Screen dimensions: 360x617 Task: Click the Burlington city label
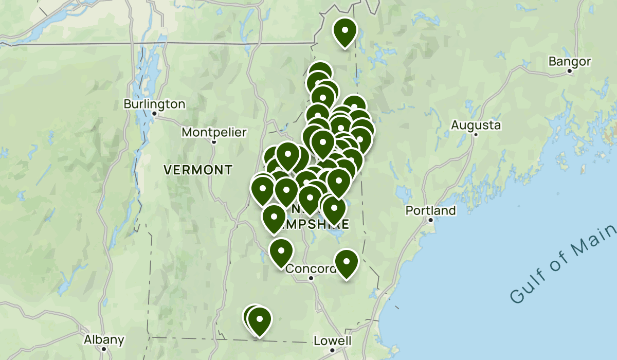click(154, 104)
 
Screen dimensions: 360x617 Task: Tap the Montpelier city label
click(214, 132)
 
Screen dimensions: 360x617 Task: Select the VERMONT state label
click(198, 169)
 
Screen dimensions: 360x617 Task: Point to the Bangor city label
click(570, 62)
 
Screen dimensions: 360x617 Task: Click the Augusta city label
click(476, 125)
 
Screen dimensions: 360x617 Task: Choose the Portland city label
click(430, 210)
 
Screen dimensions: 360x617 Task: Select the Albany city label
click(104, 339)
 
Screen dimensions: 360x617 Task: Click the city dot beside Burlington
click(154, 113)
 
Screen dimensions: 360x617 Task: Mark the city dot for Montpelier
click(214, 141)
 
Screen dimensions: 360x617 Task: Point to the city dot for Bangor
click(570, 71)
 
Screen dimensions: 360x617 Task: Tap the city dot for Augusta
click(476, 134)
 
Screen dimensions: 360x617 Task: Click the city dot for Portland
click(431, 220)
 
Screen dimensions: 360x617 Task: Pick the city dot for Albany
click(104, 349)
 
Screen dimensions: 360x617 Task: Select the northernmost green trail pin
click(345, 31)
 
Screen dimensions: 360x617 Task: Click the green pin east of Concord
click(347, 262)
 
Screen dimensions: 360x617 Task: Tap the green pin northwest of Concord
click(281, 252)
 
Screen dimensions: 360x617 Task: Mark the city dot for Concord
click(311, 278)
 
